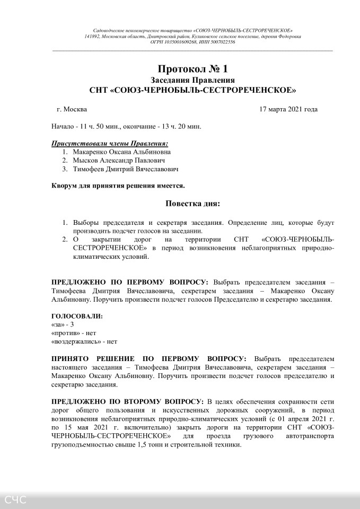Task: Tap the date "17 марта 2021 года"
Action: tap(288, 110)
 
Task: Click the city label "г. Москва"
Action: tap(72, 110)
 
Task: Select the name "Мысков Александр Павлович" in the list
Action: tap(119, 160)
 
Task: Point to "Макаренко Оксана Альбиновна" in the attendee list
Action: tap(122, 151)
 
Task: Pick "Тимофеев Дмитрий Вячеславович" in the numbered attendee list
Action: tap(126, 169)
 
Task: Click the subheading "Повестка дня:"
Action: tap(192, 204)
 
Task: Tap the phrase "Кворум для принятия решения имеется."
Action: tap(118, 186)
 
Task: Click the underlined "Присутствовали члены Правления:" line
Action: tap(110, 143)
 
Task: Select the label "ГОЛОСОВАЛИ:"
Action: tap(77, 316)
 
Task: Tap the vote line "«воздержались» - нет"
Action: tap(84, 341)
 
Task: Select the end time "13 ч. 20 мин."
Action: tap(178, 127)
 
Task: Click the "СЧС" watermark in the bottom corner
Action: tap(15, 499)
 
